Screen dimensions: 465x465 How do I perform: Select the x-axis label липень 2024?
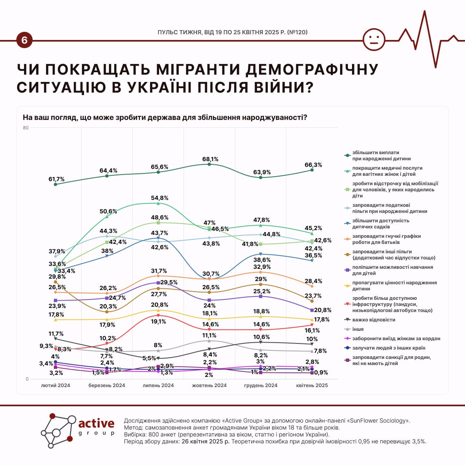158,385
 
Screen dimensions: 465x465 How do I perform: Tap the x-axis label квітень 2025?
312,385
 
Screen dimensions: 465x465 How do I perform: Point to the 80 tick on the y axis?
26,128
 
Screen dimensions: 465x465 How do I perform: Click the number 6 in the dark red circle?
24,40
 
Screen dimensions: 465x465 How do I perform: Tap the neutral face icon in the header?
374,40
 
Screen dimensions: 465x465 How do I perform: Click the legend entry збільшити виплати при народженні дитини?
381,155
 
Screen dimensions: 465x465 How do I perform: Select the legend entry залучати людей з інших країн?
388,348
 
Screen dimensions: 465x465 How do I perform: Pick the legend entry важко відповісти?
373,320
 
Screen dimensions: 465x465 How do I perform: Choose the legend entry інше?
358,329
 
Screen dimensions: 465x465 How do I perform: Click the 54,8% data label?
159,198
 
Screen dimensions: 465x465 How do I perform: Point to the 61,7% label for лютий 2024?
56,179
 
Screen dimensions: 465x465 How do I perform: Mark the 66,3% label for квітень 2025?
313,165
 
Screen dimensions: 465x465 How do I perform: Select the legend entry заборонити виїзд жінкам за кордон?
396,339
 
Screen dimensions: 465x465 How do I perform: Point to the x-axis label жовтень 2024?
209,385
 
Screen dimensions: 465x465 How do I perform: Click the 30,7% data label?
211,274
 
